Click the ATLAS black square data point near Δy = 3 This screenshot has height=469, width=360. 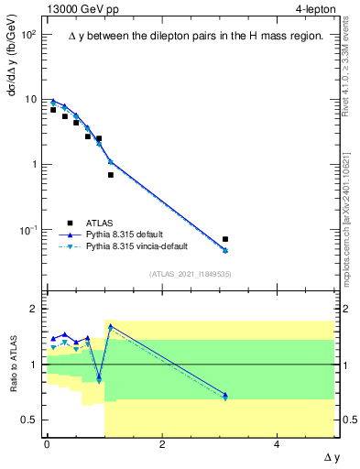225,239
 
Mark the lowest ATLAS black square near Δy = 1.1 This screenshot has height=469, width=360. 111,175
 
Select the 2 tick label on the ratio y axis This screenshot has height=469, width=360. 35,309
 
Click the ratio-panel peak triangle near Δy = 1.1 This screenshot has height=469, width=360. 111,326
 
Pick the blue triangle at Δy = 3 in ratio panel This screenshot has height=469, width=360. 225,395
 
